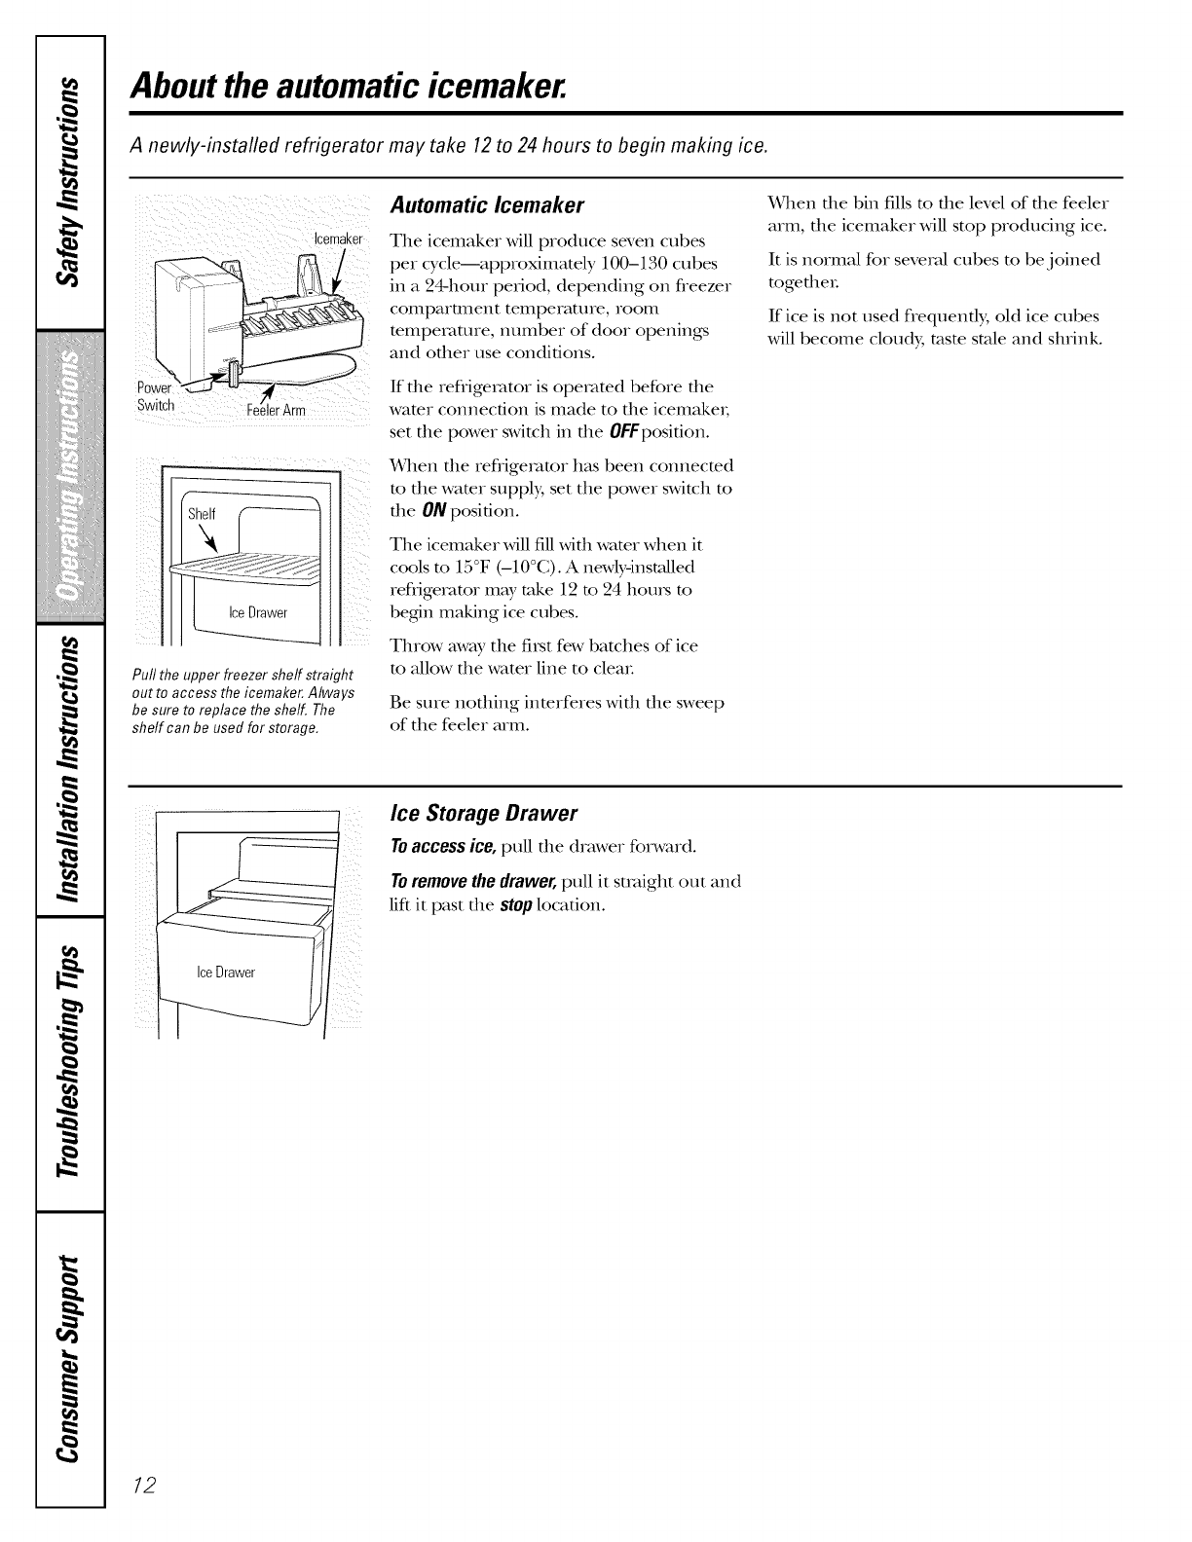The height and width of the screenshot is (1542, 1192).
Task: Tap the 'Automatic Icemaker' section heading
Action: pos(486,206)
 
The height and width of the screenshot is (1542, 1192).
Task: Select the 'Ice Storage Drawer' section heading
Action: pos(483,813)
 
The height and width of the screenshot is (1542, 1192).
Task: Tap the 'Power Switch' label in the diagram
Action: pos(155,397)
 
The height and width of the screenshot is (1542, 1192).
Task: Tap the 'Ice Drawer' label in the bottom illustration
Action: pos(226,973)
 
